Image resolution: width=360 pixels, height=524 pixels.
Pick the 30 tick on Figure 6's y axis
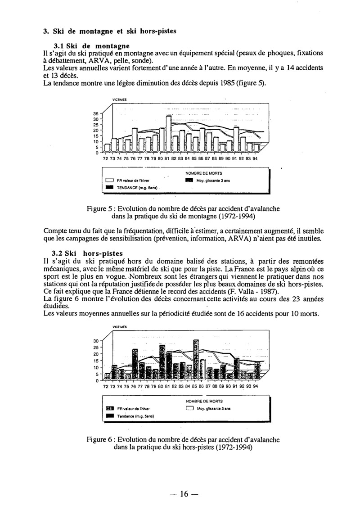pyautogui.click(x=96, y=341)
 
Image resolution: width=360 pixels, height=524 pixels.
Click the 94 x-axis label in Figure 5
pyautogui.click(x=256, y=159)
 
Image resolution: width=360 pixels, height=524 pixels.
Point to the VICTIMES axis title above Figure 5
pyautogui.click(x=119, y=100)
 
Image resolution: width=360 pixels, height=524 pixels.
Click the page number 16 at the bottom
pyautogui.click(x=183, y=494)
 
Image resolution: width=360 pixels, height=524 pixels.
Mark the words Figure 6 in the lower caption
pyautogui.click(x=101, y=439)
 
